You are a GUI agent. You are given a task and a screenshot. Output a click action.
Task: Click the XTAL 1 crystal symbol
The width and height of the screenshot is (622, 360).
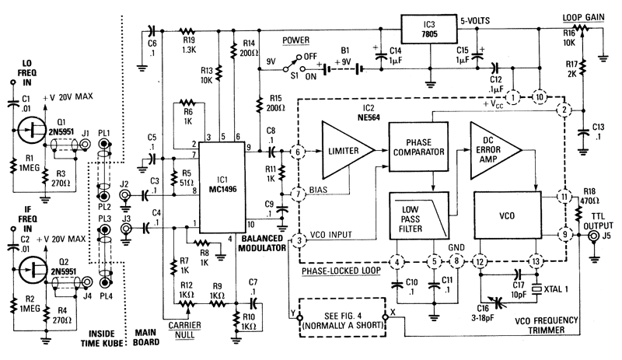pos(541,285)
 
